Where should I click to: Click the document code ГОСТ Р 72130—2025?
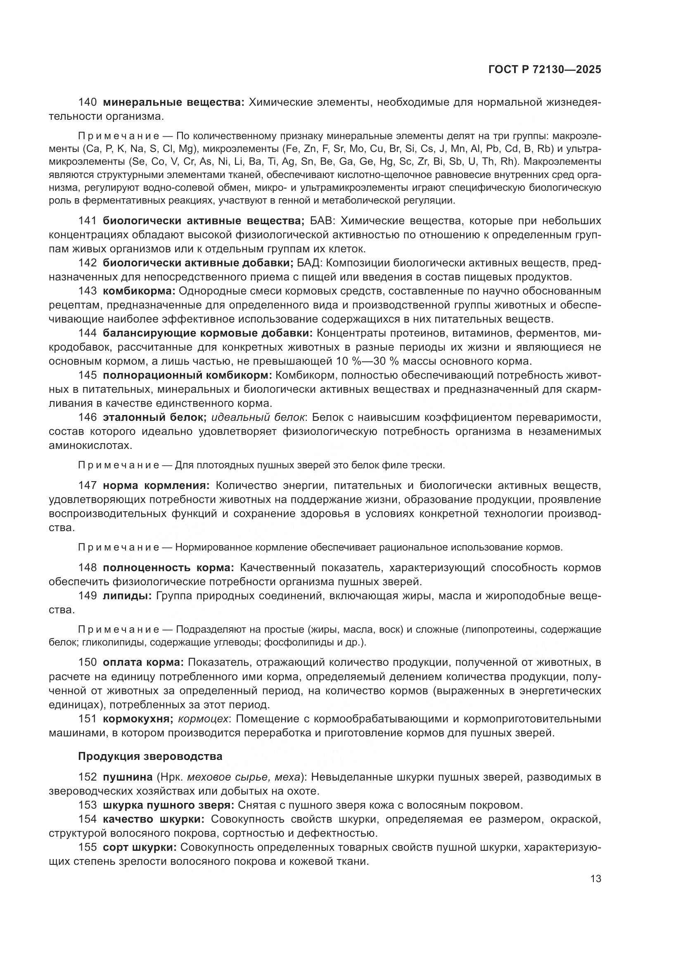pos(544,70)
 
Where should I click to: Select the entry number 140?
pos(88,102)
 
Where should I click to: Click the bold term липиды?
pos(127,596)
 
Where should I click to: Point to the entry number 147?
pos(88,486)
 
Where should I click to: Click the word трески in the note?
pos(429,465)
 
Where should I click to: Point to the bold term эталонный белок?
pos(154,418)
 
